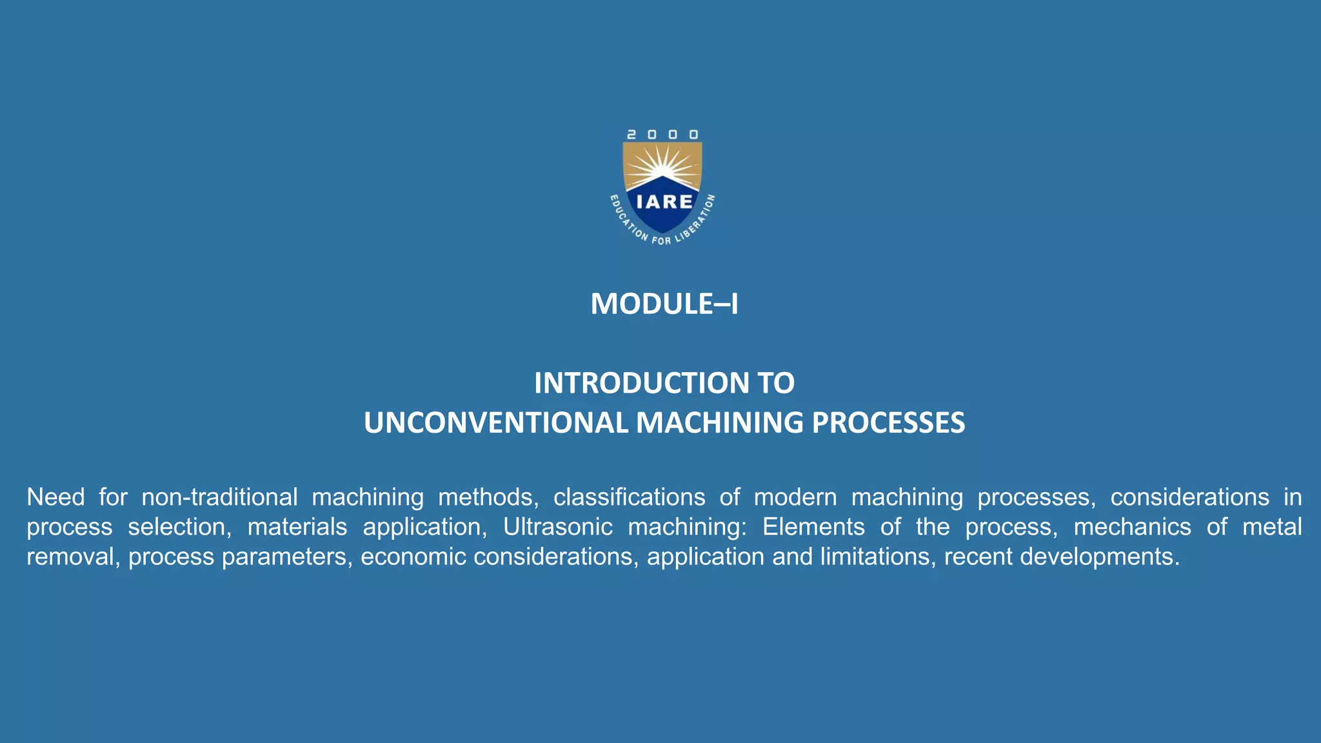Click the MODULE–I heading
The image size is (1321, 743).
click(664, 304)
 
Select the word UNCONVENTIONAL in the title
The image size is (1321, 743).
click(495, 423)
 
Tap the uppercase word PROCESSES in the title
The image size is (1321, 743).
click(888, 423)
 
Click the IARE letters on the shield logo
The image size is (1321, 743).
click(664, 202)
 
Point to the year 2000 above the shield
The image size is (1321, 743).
click(662, 135)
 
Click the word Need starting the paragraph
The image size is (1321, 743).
click(55, 497)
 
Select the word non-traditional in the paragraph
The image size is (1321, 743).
click(219, 497)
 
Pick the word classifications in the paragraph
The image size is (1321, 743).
click(629, 497)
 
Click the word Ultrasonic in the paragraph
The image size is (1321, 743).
click(557, 527)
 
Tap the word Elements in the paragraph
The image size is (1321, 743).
click(813, 527)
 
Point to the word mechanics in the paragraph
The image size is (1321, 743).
click(1132, 527)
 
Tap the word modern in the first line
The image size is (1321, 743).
click(795, 497)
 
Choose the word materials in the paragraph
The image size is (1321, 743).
click(297, 527)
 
